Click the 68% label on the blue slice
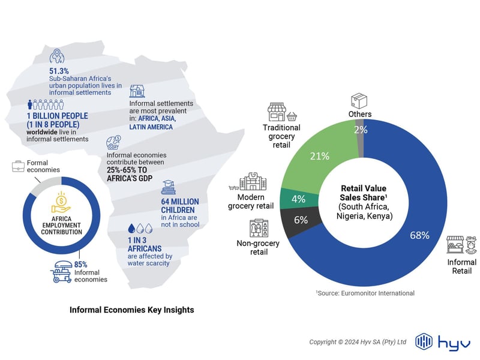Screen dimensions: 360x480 click(x=419, y=235)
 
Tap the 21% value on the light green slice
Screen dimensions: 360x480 click(x=319, y=156)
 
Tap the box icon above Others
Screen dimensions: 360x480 click(x=359, y=100)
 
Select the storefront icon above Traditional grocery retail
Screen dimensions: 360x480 click(x=277, y=112)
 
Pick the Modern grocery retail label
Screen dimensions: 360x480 click(x=251, y=202)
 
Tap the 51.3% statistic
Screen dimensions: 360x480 click(x=59, y=71)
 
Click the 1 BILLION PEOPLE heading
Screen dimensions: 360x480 click(x=58, y=115)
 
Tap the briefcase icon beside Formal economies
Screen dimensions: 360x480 click(x=17, y=166)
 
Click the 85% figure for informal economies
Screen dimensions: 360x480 click(x=81, y=263)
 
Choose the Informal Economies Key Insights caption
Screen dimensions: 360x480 click(x=131, y=310)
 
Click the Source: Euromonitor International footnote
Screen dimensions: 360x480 click(x=365, y=293)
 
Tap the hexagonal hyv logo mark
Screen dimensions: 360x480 click(x=424, y=341)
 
